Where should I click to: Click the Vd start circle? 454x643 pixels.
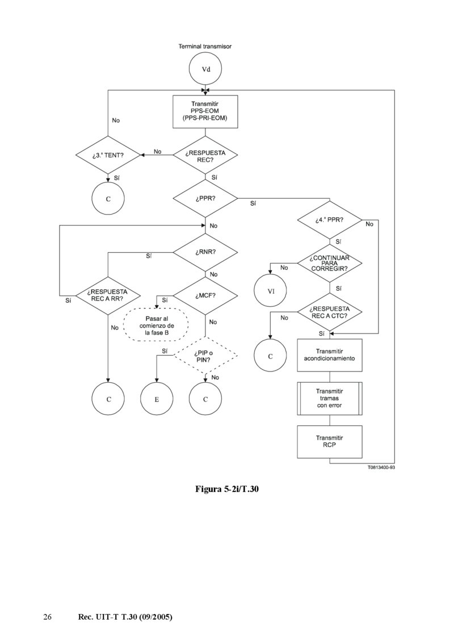point(205,69)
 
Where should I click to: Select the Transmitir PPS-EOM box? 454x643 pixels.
point(205,111)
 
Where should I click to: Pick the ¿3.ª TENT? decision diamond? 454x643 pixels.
point(108,155)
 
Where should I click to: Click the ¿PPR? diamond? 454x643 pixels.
point(205,198)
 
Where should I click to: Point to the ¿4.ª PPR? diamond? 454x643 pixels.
point(330,219)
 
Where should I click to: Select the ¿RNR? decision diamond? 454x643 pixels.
point(205,252)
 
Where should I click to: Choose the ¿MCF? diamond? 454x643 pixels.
point(205,295)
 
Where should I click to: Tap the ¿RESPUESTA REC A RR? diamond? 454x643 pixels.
point(108,295)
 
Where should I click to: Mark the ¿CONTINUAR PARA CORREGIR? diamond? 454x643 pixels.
point(330,263)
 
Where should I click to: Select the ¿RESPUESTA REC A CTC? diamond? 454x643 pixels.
point(330,312)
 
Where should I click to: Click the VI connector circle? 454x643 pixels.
point(271,291)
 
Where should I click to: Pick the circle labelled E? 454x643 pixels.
point(157,400)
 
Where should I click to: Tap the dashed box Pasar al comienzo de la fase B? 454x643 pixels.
point(157,324)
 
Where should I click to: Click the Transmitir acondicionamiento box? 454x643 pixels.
point(330,355)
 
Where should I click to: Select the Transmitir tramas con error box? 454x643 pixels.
point(330,399)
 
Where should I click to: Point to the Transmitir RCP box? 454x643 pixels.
point(330,442)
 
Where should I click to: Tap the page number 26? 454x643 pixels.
point(48,617)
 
